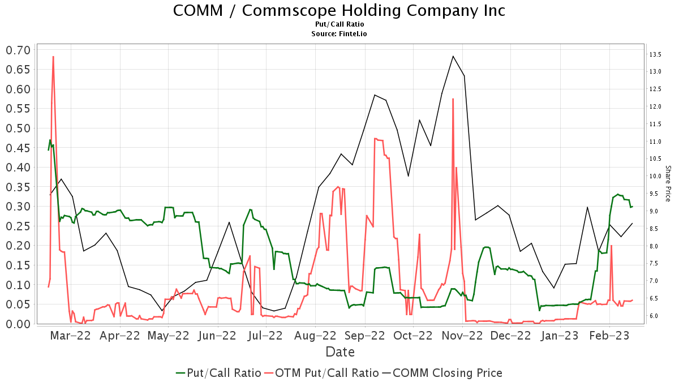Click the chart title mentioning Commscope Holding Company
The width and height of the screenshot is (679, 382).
[339, 11]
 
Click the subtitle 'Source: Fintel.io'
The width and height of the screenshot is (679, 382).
[339, 33]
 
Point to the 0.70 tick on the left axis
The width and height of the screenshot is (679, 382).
[18, 50]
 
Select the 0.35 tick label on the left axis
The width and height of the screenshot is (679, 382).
[18, 187]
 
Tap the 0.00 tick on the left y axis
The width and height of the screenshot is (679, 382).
[18, 324]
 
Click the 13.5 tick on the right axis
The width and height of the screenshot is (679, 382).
[656, 54]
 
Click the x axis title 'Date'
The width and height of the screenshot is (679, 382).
[339, 352]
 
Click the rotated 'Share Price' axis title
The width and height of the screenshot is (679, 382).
[668, 183]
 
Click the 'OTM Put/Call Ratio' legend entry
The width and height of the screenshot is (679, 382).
[321, 373]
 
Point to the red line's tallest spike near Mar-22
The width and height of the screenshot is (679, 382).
[53, 57]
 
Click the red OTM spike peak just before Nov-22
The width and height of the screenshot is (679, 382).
[453, 99]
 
